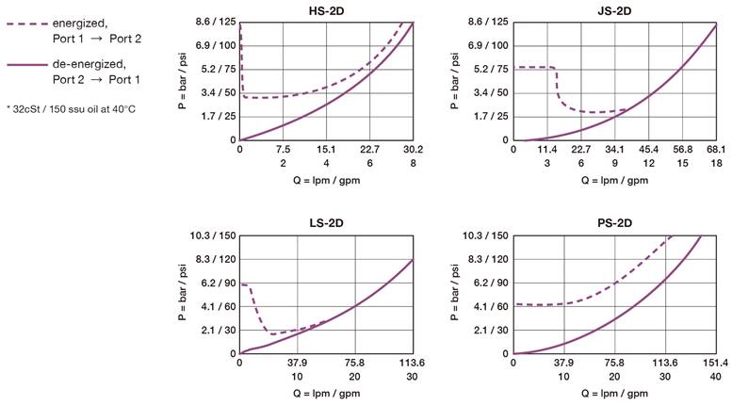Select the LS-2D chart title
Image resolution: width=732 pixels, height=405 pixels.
pos(326,223)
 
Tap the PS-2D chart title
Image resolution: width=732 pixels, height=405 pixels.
pos(616,223)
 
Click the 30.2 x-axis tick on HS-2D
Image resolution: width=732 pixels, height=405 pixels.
pos(414,149)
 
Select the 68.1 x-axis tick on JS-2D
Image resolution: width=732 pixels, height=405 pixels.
pos(716,149)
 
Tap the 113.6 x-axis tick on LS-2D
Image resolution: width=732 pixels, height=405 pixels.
pos(412,363)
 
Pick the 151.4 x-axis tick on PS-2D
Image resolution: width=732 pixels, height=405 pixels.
pos(715,363)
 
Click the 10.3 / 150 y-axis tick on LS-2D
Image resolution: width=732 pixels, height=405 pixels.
pos(214,235)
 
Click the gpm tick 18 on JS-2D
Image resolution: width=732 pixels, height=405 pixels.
pos(716,162)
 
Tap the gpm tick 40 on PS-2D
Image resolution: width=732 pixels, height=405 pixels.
pos(715,376)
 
